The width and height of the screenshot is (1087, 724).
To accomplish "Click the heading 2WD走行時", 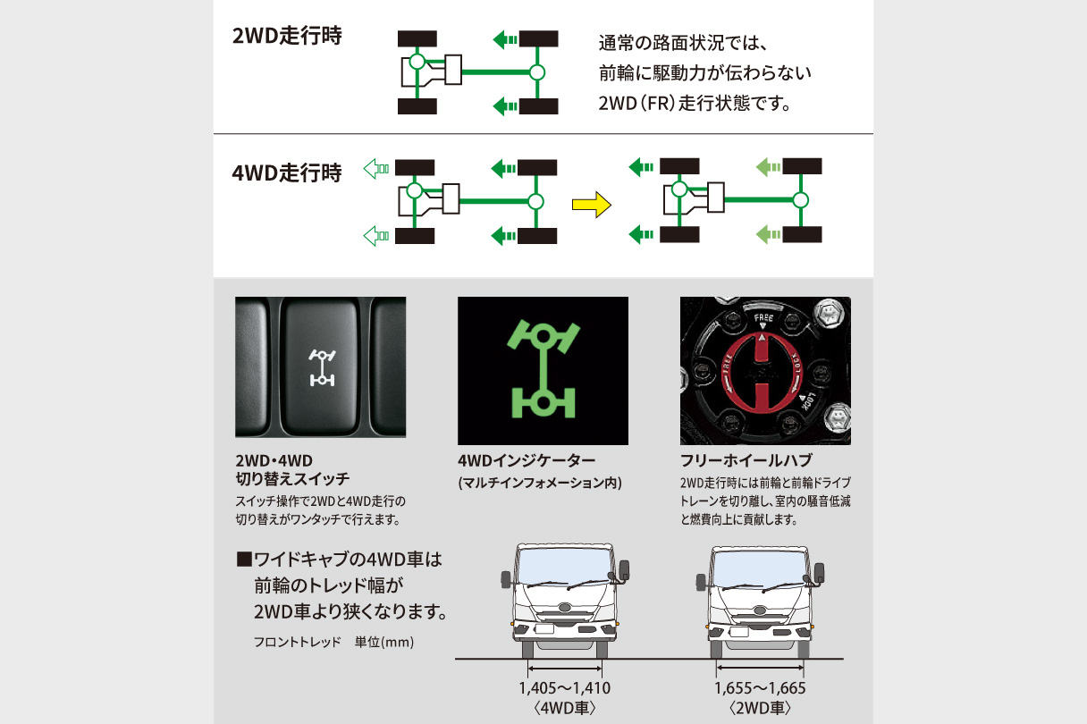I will pyautogui.click(x=286, y=39).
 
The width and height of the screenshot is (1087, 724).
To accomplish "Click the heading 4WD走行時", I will pyautogui.click(x=286, y=173).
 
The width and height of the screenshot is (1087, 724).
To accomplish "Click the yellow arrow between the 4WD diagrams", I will pyautogui.click(x=590, y=206).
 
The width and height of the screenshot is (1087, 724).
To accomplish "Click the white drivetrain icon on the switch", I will pyautogui.click(x=320, y=368).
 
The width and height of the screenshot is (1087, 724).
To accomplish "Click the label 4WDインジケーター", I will pyautogui.click(x=526, y=461).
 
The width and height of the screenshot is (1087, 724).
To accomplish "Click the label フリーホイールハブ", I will pyautogui.click(x=746, y=461).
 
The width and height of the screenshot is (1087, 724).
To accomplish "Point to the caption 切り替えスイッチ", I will pyautogui.click(x=291, y=480).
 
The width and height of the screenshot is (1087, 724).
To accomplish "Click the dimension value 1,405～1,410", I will pyautogui.click(x=565, y=688).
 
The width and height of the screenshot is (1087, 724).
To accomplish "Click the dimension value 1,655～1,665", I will pyautogui.click(x=761, y=688).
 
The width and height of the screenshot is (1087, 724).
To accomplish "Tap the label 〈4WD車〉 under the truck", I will pyautogui.click(x=565, y=708).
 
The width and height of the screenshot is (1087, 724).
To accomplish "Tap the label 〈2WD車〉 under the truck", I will pyautogui.click(x=761, y=708).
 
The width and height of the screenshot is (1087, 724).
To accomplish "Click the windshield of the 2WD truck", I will pyautogui.click(x=761, y=568).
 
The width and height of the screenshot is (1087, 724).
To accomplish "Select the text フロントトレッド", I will pyautogui.click(x=291, y=642).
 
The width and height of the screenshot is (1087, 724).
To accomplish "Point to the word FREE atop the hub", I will pyautogui.click(x=763, y=317).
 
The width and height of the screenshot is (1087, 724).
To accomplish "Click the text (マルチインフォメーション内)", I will pyautogui.click(x=539, y=484).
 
